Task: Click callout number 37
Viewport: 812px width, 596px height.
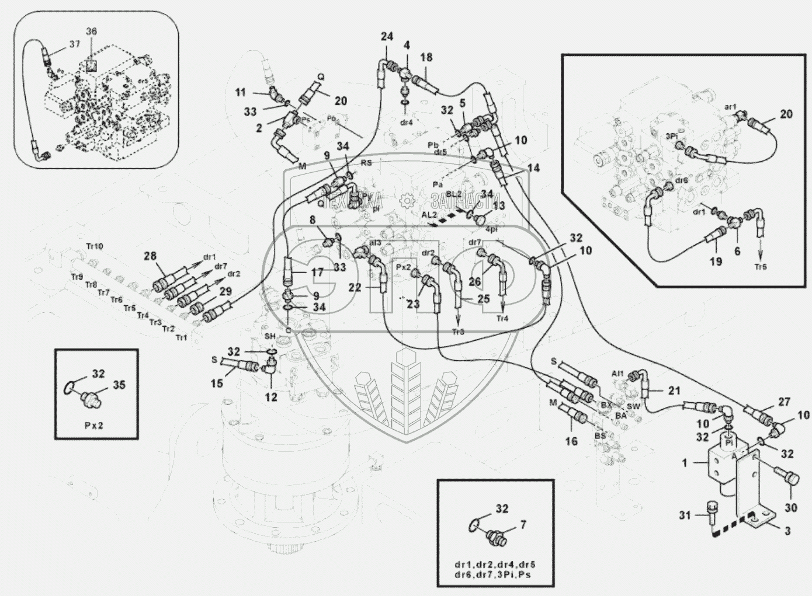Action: tap(75, 44)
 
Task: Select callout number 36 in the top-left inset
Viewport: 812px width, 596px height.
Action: tap(92, 31)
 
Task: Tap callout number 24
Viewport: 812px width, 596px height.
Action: tap(387, 37)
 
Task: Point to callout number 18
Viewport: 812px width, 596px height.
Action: tap(426, 57)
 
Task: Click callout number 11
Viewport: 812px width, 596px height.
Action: tap(241, 92)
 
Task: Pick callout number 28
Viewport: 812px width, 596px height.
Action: tap(150, 256)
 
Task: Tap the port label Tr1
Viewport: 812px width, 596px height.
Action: tap(182, 337)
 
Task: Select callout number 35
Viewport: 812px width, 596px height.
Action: tap(119, 385)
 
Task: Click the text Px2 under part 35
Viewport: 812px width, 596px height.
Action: tap(93, 425)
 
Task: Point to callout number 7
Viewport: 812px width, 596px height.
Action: tap(523, 525)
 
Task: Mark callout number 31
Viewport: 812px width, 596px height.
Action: tap(685, 515)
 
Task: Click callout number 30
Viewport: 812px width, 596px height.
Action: tap(790, 508)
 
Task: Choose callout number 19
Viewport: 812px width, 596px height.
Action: tap(716, 262)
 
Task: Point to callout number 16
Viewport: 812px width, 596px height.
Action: tap(571, 441)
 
